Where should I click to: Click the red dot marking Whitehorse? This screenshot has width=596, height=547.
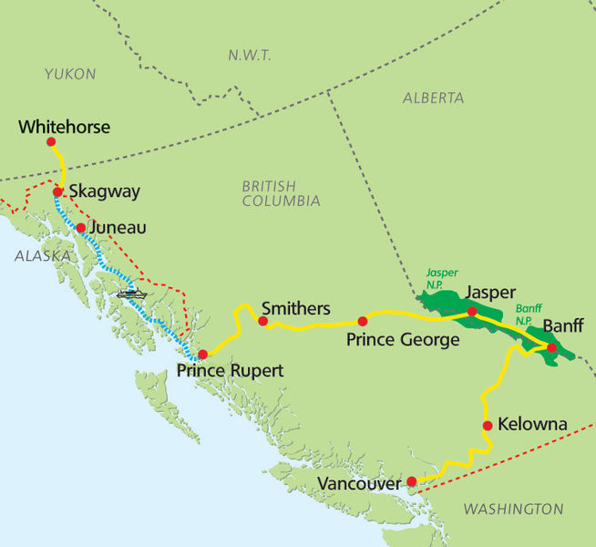click(51, 142)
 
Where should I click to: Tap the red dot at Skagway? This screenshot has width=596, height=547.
click(57, 192)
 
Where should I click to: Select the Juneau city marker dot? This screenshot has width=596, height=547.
click(81, 228)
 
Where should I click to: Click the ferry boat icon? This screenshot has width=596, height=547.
click(131, 294)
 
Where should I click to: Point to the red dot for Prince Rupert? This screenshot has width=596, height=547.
click(202, 354)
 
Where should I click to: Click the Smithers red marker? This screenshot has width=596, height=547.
click(262, 321)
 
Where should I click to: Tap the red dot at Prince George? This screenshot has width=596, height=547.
click(362, 321)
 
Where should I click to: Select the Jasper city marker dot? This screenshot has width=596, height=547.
click(472, 312)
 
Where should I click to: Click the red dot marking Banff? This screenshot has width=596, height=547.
click(551, 346)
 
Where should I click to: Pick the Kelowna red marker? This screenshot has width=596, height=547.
click(488, 426)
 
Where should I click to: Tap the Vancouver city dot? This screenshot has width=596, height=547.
click(411, 481)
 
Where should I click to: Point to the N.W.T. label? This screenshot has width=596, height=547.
click(249, 56)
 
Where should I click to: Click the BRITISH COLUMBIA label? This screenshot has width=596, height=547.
click(281, 193)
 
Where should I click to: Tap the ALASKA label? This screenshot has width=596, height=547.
click(42, 257)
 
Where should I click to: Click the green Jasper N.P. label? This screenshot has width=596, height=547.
click(443, 278)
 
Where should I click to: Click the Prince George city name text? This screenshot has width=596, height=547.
click(402, 340)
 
